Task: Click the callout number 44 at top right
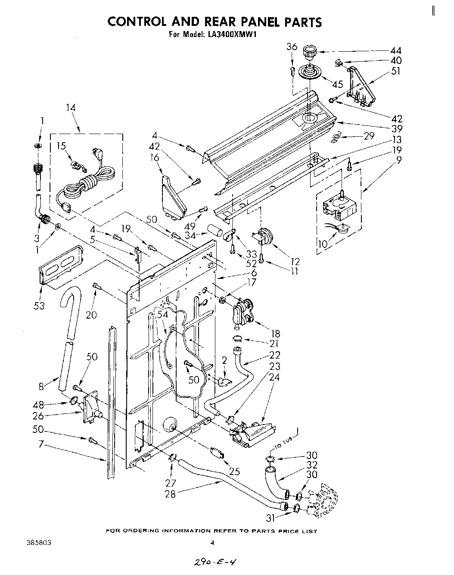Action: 395,51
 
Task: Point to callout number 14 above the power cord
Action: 70,108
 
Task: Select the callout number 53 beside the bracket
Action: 39,306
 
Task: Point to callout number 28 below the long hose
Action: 171,494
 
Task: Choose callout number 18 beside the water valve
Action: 275,333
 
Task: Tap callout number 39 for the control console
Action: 396,128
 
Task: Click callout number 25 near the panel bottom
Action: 234,472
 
